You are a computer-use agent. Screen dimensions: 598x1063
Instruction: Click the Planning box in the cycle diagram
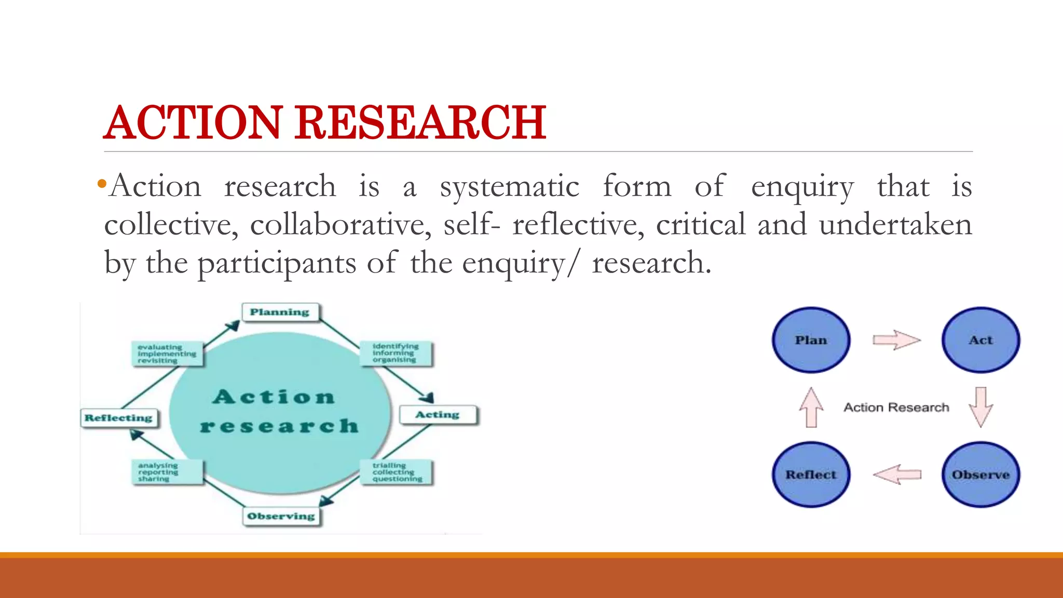pyautogui.click(x=280, y=312)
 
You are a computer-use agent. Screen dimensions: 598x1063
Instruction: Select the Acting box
pyautogui.click(x=438, y=415)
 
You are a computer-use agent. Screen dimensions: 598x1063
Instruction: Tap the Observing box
pyautogui.click(x=281, y=516)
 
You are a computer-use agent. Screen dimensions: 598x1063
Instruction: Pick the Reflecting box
pyautogui.click(x=119, y=418)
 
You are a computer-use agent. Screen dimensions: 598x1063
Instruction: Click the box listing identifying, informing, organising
pyautogui.click(x=396, y=354)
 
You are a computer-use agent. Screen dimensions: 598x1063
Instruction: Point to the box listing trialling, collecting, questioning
pyautogui.click(x=397, y=472)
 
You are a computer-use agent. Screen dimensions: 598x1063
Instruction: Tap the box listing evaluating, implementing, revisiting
pyautogui.click(x=167, y=354)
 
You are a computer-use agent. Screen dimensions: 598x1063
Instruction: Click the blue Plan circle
pyautogui.click(x=811, y=340)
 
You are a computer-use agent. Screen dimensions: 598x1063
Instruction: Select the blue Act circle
pyautogui.click(x=980, y=340)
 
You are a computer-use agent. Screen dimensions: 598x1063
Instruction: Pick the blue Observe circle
pyautogui.click(x=980, y=474)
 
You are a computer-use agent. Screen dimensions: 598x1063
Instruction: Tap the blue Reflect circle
pyautogui.click(x=811, y=474)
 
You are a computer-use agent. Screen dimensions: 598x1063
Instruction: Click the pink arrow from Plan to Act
pyautogui.click(x=896, y=340)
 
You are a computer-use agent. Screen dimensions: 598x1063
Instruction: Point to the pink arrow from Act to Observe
pyautogui.click(x=980, y=406)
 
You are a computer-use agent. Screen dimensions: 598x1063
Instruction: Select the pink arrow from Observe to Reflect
pyautogui.click(x=897, y=474)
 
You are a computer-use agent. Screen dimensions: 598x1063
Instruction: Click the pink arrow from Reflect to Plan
pyautogui.click(x=811, y=407)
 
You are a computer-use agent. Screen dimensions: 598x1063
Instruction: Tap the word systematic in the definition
pyautogui.click(x=509, y=187)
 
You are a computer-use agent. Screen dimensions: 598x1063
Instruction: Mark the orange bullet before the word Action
pyautogui.click(x=102, y=184)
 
